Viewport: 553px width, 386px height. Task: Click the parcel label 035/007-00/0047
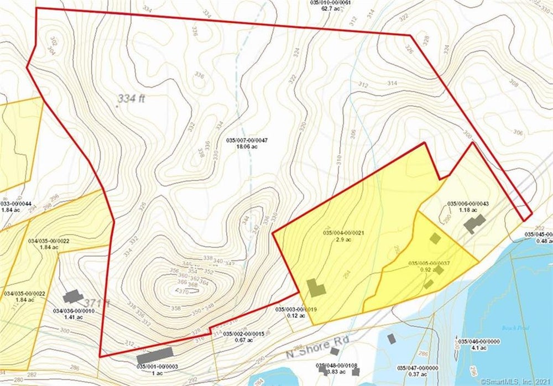(247, 141)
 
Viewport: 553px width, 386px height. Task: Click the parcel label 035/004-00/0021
(343, 232)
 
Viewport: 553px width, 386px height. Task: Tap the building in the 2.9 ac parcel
(316, 288)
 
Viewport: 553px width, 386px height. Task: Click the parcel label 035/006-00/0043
(468, 204)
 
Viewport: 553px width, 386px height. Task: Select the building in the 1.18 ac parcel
(474, 224)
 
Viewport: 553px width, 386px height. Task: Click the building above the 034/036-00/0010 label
(72, 297)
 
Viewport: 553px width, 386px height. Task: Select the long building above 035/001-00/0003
(155, 352)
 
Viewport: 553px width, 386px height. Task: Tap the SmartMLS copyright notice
(515, 381)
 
